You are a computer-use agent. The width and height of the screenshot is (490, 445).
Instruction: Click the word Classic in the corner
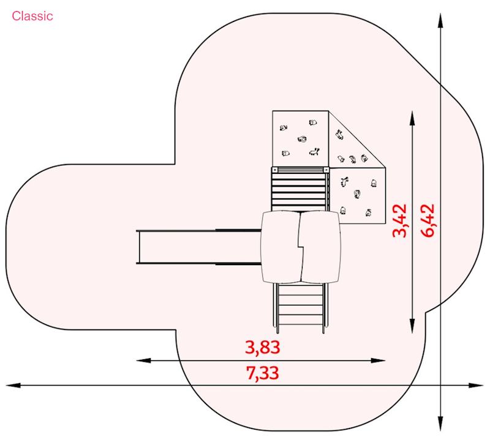(x=32, y=17)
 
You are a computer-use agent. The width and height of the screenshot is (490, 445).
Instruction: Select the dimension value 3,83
(x=263, y=348)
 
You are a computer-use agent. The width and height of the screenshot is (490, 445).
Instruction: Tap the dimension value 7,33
(x=263, y=373)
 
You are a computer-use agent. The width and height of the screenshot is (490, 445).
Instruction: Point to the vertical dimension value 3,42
(x=400, y=221)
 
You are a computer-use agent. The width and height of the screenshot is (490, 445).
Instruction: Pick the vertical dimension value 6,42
(x=428, y=221)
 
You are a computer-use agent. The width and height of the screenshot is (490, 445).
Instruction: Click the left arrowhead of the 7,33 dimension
(x=13, y=386)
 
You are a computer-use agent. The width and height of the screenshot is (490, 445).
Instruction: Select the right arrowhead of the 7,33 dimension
(x=476, y=386)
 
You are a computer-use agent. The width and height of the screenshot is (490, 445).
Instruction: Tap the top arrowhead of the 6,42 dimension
(x=440, y=21)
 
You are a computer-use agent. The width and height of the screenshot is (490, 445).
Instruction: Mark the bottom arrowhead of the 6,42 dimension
(x=440, y=424)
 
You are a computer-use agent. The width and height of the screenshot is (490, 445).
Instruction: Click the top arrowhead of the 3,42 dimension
(x=412, y=118)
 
